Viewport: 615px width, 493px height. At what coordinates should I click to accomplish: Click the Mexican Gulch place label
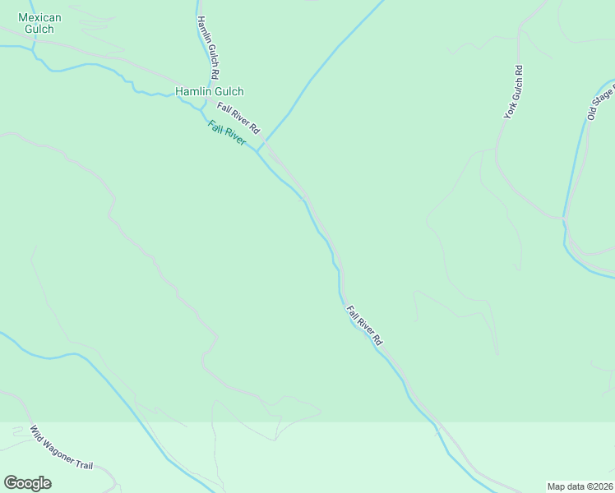[x=35, y=23]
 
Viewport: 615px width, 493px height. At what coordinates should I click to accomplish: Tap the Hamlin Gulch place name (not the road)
[x=209, y=92]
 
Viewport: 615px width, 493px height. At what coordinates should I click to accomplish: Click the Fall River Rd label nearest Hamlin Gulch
[x=238, y=118]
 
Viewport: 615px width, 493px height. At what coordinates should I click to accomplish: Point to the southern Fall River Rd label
[x=365, y=325]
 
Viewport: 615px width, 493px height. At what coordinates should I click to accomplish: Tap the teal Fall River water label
[x=227, y=133]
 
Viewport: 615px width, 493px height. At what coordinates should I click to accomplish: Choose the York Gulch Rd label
[x=514, y=93]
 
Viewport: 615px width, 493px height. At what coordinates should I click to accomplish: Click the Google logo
[x=27, y=483]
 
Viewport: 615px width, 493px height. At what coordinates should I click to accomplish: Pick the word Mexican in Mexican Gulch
[x=35, y=17]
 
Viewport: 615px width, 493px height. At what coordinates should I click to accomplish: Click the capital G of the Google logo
[x=11, y=482]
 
